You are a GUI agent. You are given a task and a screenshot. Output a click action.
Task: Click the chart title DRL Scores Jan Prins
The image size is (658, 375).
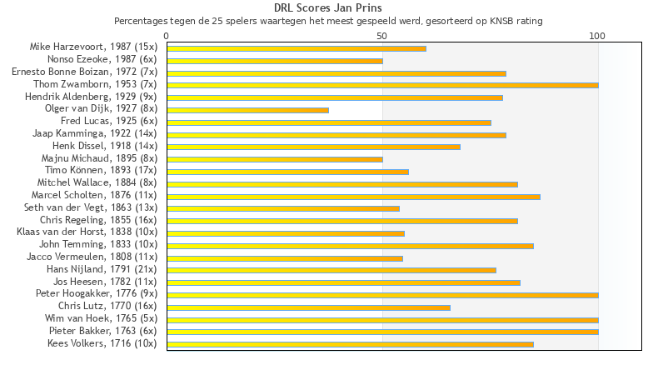coord(328,7)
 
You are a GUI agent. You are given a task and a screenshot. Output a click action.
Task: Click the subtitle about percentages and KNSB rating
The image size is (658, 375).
coord(328,20)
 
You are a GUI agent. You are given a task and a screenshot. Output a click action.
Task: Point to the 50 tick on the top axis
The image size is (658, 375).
coord(382,36)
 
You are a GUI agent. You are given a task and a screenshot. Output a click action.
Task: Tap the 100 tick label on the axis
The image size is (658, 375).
coord(597,36)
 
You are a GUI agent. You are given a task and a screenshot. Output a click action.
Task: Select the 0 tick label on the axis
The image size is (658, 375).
coord(167,36)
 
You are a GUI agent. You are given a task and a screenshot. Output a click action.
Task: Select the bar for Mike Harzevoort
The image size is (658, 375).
coord(296,48)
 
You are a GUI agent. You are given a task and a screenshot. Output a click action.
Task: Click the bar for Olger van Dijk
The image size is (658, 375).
coord(247,110)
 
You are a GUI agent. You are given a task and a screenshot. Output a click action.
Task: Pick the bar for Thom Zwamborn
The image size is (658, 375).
coord(382,85)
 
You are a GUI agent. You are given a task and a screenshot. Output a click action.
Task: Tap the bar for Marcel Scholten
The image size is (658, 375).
coord(353,197)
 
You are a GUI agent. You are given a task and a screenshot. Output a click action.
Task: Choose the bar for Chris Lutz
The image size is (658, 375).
coord(308,307)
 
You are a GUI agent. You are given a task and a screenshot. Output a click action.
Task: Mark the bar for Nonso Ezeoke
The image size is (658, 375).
coord(275,61)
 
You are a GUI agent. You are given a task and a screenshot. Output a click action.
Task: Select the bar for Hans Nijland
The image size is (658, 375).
coord(331,270)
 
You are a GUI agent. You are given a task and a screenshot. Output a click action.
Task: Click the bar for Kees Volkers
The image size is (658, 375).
coord(350,344)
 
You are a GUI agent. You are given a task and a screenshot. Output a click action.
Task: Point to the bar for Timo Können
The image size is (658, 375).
coord(287,172)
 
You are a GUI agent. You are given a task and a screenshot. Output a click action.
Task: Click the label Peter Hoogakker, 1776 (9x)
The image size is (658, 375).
coord(96,294)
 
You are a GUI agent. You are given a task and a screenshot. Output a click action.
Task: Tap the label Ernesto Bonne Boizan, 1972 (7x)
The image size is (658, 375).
coord(84,72)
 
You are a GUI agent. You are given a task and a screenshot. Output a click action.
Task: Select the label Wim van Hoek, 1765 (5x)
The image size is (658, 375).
coord(101,319)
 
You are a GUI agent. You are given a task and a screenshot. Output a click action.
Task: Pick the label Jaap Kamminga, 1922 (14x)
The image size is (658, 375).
coord(94,134)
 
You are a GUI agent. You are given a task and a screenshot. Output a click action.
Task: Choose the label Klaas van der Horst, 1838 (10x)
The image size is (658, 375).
coord(87,232)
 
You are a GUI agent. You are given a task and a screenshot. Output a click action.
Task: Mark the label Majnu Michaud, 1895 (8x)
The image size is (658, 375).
coord(99,159)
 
